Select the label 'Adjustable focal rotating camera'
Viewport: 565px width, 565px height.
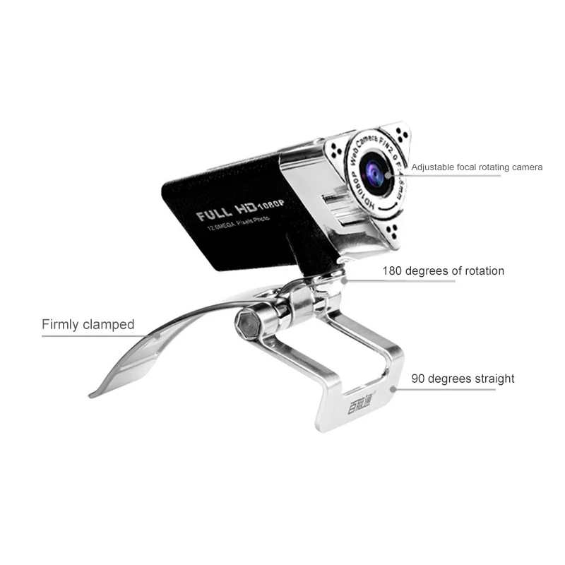[x=477, y=167]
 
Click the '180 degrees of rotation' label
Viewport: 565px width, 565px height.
[x=444, y=270]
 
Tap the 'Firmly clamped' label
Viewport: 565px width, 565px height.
[x=88, y=325]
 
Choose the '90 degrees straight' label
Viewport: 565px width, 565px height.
[x=463, y=379]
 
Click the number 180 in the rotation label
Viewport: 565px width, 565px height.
[x=394, y=270]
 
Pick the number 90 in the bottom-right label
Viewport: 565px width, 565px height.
[x=419, y=379]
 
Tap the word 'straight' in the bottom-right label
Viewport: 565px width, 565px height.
[x=492, y=379]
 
